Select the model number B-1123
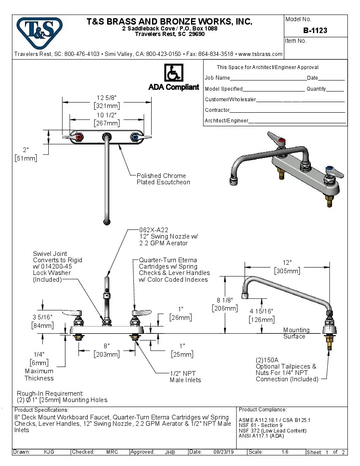tap(315, 31)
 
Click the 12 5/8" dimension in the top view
tap(107, 98)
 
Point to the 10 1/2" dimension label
tap(107, 115)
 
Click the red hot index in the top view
tap(78, 137)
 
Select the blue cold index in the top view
tap(135, 137)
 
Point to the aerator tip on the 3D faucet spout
tap(233, 182)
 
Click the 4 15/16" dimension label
tap(261, 311)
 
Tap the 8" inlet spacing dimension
tap(107, 346)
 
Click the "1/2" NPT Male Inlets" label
tap(185, 377)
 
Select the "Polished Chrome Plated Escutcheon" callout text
tap(163, 179)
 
